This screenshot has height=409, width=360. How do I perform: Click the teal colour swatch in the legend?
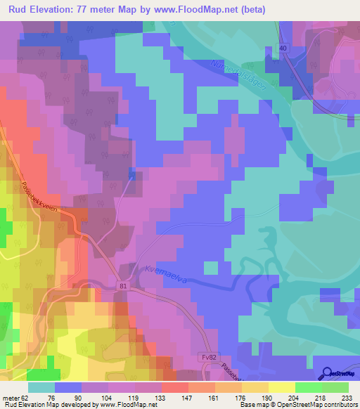(41, 387)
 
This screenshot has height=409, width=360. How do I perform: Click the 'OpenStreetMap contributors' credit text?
(321, 405)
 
